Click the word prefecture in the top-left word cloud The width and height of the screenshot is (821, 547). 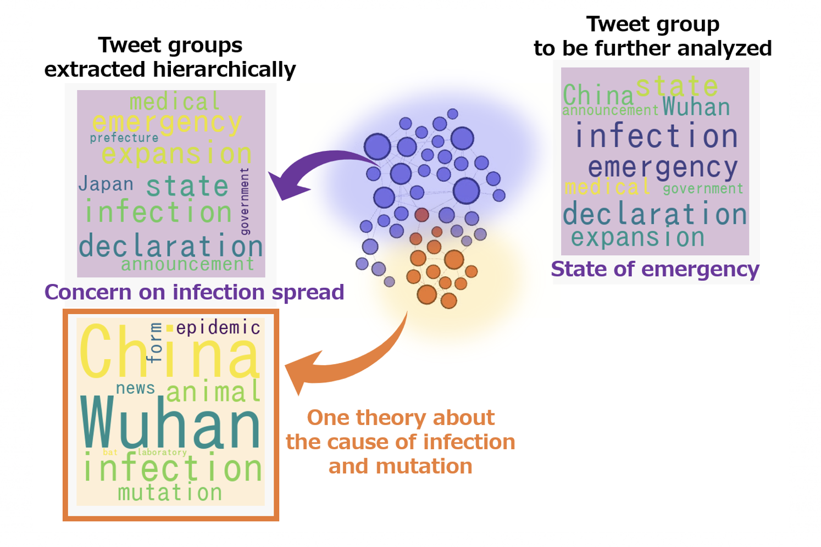tap(124, 138)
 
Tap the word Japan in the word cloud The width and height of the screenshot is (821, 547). tap(106, 184)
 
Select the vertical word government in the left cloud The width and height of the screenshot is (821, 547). tap(245, 201)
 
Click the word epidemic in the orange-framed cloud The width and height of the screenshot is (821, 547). tap(219, 328)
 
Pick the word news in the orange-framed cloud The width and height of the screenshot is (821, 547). tap(136, 388)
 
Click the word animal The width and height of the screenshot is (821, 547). tap(213, 391)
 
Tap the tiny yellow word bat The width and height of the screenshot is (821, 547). tap(110, 453)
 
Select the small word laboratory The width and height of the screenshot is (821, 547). tap(162, 453)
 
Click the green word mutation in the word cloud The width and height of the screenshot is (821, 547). tap(170, 492)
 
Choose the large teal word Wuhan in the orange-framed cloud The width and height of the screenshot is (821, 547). tap(170, 423)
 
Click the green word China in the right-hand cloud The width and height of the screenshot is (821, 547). tap(598, 95)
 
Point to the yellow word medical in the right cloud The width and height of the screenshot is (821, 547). tap(608, 187)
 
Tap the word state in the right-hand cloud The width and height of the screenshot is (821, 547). tap(676, 86)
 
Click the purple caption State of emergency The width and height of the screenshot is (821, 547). tap(655, 270)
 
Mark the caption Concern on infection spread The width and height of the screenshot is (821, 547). tap(194, 292)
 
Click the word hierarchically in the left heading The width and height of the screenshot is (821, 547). tap(224, 70)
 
